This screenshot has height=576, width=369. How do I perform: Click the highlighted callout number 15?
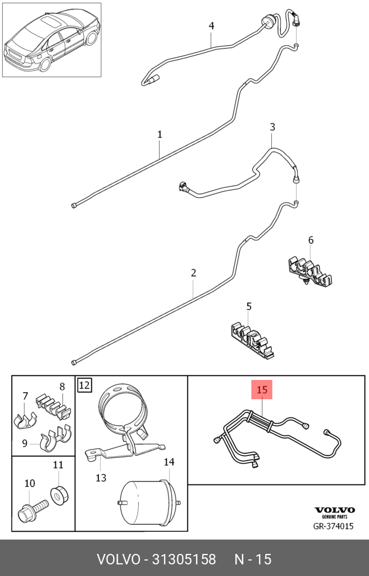[x=262, y=390]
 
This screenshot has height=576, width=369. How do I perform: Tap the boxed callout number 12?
[x=85, y=384]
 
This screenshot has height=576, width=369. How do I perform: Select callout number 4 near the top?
[x=211, y=26]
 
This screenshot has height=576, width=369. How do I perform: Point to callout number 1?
[x=160, y=134]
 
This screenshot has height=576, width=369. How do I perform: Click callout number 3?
[x=272, y=127]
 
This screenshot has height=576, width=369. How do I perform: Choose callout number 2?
[x=193, y=272]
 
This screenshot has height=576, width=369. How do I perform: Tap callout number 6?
[x=310, y=240]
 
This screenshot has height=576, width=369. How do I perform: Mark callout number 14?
[x=168, y=462]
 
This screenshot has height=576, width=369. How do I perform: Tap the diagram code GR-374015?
[x=333, y=526]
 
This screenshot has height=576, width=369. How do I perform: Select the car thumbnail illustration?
[x=52, y=40]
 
